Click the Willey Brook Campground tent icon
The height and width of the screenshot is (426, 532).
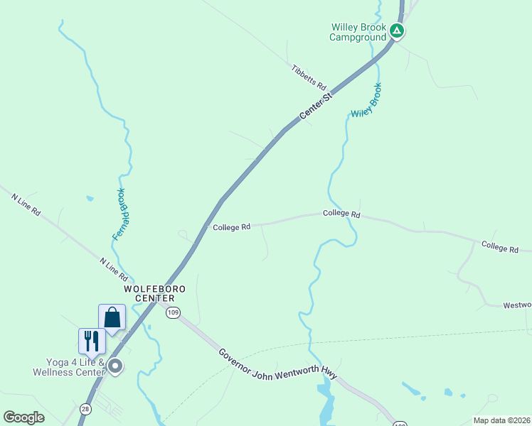point(398,31)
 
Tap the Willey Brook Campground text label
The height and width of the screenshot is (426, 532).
point(358,32)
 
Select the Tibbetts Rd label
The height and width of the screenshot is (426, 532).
point(309,75)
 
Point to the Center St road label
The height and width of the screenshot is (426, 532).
point(316,105)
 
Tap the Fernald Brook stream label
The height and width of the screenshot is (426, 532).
point(122,214)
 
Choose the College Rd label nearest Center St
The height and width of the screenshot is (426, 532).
point(231,227)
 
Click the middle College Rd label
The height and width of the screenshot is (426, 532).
point(341,214)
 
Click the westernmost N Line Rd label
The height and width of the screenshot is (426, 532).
point(26,207)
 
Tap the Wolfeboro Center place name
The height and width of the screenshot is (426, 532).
point(154,294)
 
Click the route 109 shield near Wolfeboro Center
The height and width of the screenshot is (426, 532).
point(173,312)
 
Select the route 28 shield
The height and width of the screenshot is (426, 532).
point(85,409)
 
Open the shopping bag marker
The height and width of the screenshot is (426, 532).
point(112,317)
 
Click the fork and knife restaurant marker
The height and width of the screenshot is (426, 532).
point(92,341)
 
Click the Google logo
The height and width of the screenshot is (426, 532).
point(24,417)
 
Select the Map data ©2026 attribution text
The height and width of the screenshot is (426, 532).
point(501,420)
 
